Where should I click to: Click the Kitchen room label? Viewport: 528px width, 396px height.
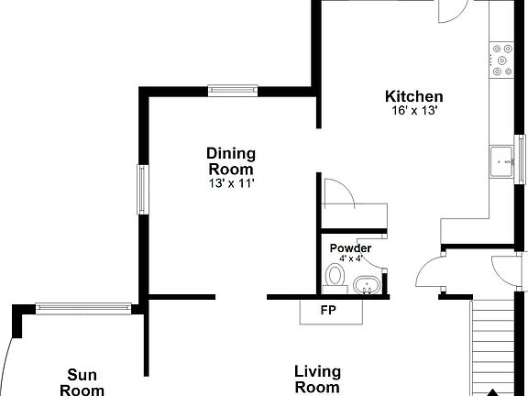(413, 96)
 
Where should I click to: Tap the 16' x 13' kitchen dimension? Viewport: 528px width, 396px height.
(413, 111)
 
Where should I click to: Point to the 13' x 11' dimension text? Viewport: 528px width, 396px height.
(230, 183)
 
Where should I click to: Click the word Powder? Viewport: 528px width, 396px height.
(350, 248)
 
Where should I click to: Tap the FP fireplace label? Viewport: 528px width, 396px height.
(327, 310)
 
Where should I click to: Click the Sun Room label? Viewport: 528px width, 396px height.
(82, 381)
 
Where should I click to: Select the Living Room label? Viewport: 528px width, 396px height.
(317, 379)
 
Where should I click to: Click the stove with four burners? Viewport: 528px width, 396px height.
(501, 59)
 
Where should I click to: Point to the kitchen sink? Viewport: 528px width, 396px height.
(501, 159)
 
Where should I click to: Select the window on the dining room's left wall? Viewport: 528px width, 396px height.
(143, 189)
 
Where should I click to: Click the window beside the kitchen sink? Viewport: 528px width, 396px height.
(520, 157)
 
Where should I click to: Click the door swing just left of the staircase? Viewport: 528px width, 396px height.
(430, 274)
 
